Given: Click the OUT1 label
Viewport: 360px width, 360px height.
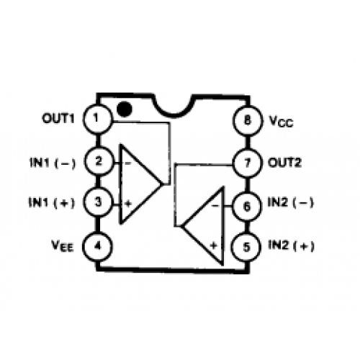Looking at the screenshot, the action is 58,118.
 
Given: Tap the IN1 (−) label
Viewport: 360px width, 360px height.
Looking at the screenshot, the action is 53,163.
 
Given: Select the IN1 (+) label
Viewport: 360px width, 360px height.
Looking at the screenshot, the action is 52,202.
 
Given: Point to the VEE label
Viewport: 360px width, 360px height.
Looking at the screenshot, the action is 63,246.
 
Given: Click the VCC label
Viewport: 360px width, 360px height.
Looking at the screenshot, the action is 281,121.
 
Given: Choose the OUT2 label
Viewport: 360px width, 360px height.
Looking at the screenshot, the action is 284,163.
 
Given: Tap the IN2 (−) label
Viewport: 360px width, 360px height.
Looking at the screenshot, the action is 291,203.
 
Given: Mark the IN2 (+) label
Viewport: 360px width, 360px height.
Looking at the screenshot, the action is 291,246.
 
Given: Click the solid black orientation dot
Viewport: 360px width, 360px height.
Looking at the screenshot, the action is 125,109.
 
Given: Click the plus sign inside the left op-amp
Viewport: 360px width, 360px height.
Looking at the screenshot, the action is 129,204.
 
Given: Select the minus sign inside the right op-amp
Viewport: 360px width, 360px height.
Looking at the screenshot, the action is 215,205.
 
